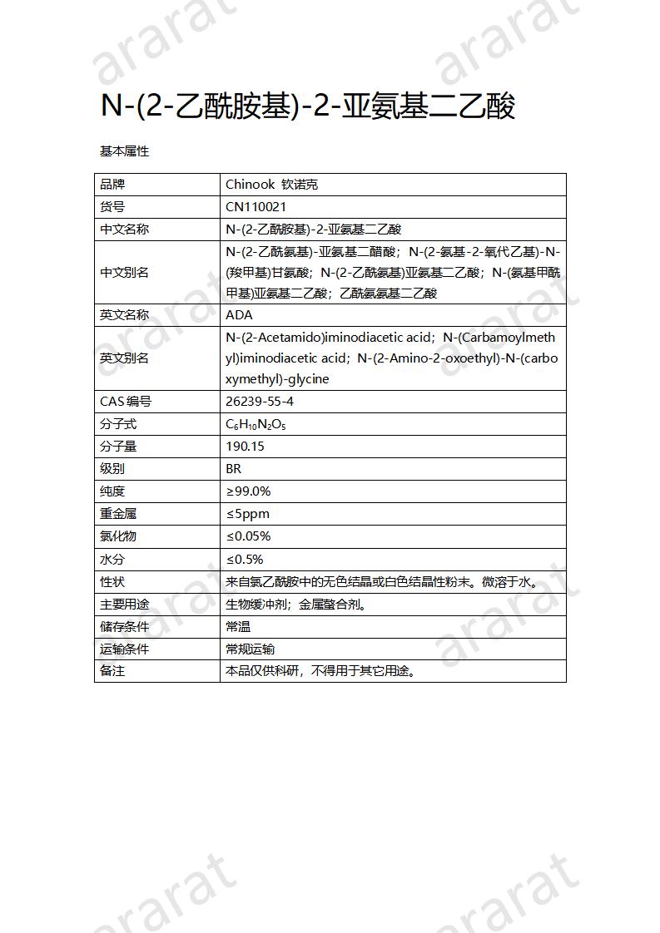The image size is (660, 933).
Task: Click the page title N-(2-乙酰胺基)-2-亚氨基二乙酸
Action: [308, 106]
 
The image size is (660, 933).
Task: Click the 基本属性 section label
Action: [124, 151]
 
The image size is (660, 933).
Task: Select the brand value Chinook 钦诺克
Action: [271, 185]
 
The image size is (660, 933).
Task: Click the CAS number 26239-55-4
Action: [260, 402]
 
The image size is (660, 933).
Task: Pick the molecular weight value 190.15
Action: [245, 447]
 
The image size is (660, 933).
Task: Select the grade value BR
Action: [233, 469]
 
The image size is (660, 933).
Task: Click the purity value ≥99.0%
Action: [248, 491]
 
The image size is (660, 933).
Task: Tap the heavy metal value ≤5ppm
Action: [247, 514]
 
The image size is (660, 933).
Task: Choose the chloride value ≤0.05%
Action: [248, 536]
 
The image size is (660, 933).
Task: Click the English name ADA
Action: [239, 315]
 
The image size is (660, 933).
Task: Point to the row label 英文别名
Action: [124, 358]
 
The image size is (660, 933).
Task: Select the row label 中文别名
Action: [124, 273]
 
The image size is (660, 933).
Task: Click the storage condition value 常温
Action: [238, 627]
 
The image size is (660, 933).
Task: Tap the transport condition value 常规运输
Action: [250, 649]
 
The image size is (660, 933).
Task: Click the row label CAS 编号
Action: [126, 402]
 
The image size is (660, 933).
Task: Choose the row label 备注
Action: [112, 670]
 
